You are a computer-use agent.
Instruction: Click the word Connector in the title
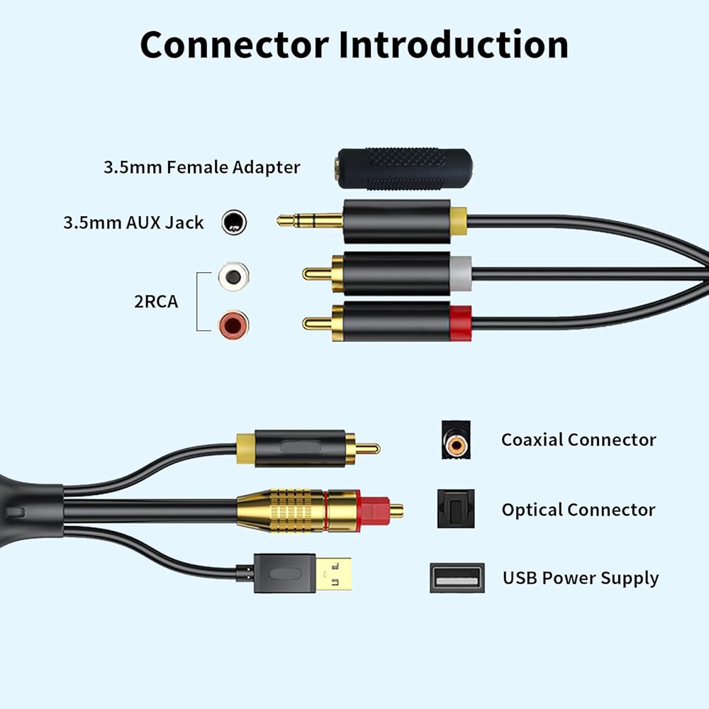[235, 45]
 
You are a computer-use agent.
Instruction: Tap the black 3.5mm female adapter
[405, 169]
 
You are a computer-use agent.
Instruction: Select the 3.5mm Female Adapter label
[201, 167]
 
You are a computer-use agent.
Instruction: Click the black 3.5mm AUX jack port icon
[234, 222]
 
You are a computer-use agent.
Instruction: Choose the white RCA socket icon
[233, 277]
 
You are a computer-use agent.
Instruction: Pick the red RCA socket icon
[233, 325]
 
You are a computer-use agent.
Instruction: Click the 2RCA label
[156, 301]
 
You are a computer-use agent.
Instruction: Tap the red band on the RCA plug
[461, 323]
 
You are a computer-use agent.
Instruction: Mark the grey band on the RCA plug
[461, 274]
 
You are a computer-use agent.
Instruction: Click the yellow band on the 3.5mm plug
[459, 221]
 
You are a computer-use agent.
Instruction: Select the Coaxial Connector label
[579, 440]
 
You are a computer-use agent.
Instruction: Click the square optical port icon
[456, 508]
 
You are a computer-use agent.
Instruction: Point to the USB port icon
[457, 578]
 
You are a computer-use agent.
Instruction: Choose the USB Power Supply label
[581, 579]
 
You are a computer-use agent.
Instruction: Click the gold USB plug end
[333, 574]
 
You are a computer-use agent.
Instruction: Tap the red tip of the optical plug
[375, 511]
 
